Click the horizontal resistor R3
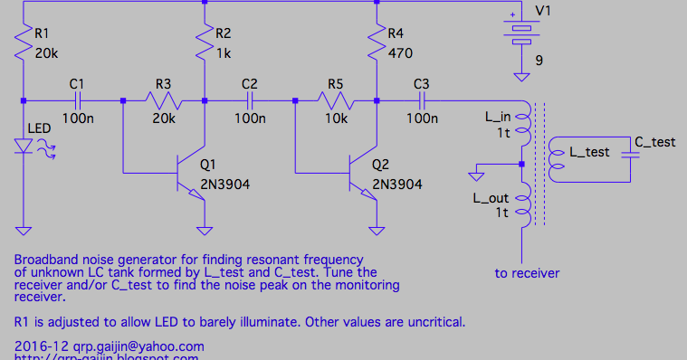(x=163, y=99)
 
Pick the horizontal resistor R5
(x=336, y=99)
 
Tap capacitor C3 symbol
(x=421, y=99)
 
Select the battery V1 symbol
(x=521, y=32)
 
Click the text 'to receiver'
(x=527, y=273)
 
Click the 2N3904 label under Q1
(x=225, y=184)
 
